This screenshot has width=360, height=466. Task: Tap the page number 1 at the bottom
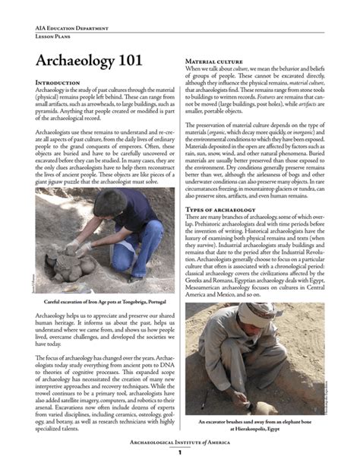pos(180,454)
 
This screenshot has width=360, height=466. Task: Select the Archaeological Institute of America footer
pos(180,441)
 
